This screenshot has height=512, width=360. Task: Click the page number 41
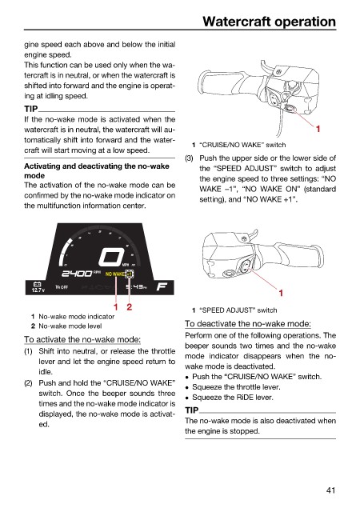[x=330, y=490]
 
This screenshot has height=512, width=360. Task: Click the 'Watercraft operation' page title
[x=269, y=22]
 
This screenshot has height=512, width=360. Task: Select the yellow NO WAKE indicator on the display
[x=114, y=274]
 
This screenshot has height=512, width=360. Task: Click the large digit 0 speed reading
[x=111, y=257]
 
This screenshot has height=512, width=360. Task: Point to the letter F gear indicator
[x=162, y=286]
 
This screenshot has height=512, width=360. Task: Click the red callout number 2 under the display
[x=130, y=307]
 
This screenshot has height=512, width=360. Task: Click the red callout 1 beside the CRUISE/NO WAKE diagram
[x=318, y=129]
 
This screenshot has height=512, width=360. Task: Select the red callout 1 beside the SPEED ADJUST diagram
[x=281, y=294]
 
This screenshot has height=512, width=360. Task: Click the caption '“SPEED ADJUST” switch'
[x=238, y=310]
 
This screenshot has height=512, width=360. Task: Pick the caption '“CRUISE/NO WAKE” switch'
[x=242, y=145]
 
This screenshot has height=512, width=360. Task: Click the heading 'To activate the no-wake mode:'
[x=82, y=339]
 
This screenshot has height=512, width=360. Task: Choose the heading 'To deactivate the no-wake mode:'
[x=248, y=324]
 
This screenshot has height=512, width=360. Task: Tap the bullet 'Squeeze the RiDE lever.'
[x=233, y=398]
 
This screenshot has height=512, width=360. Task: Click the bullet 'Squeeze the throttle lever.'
[x=236, y=387]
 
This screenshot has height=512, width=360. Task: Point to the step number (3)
[x=189, y=158]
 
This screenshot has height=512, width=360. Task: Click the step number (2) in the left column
[x=29, y=383]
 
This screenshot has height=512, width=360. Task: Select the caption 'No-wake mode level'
[x=70, y=326]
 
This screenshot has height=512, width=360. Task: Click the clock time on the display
[x=136, y=287]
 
